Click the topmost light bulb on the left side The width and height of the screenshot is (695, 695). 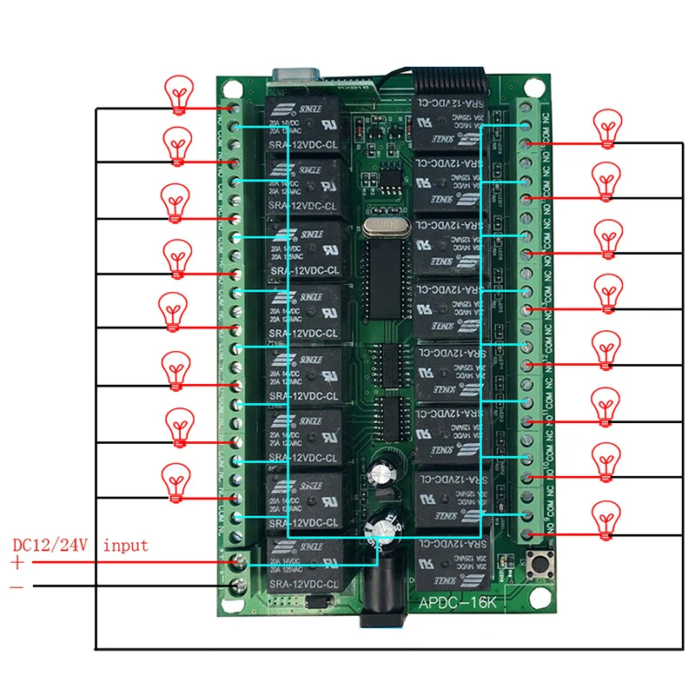coord(180,93)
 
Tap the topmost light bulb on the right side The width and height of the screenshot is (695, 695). coord(607,127)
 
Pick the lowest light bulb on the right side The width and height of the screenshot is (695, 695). coord(606,519)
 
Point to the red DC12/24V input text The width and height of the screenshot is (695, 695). coord(80,546)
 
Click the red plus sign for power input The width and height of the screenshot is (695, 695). coord(18,563)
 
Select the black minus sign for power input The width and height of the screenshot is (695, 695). coord(17,586)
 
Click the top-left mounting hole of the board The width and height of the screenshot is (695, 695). coord(231,88)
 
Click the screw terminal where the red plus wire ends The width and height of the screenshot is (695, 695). coord(234,564)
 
